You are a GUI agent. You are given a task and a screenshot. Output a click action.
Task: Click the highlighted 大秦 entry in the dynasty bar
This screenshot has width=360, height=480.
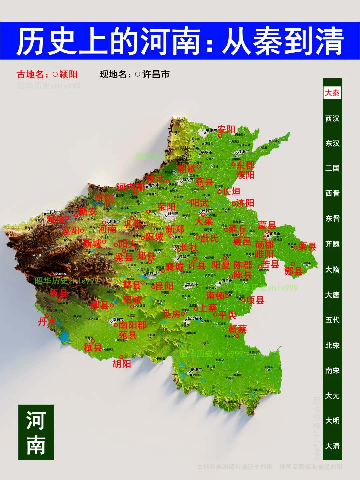coord(332,93)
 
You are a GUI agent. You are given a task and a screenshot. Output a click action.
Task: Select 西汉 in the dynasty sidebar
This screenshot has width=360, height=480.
coord(332,118)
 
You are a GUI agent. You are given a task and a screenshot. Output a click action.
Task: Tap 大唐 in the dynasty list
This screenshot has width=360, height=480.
coord(332,295)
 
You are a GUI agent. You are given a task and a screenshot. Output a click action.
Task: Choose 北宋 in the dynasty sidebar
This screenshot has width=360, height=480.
coord(332,345)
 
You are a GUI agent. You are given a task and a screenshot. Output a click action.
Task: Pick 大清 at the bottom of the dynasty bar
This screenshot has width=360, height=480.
coord(332,446)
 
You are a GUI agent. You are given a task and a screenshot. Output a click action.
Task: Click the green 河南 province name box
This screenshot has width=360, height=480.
coord(36,432)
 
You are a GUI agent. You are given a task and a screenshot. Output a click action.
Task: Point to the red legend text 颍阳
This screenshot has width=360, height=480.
coord(68,74)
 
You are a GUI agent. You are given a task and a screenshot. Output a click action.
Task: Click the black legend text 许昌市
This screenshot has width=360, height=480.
coord(156,74)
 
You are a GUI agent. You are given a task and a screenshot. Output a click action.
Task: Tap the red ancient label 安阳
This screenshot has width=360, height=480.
coord(227,129)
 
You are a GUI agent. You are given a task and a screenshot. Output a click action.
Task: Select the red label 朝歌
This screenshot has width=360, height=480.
coord(187,168)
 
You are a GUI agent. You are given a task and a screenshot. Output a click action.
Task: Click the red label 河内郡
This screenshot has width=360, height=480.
coord(131,187)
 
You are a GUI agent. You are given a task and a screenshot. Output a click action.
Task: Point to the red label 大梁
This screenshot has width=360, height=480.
coord(204,221)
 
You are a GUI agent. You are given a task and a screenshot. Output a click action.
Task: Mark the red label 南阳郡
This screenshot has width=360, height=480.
coord(133,325)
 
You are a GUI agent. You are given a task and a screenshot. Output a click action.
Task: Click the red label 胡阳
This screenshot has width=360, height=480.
coord(122,364)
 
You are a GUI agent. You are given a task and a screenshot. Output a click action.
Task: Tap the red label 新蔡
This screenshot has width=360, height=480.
coord(237,329)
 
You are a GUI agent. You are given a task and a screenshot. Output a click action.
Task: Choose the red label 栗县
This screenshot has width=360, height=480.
coord(307,247)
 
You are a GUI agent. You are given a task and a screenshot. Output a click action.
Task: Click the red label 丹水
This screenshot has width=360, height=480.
coord(47,322)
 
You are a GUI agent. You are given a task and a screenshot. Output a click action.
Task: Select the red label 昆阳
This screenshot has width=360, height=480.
coord(164,286)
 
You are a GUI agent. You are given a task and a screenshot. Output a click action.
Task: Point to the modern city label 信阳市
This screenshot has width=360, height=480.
coord(196,370)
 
